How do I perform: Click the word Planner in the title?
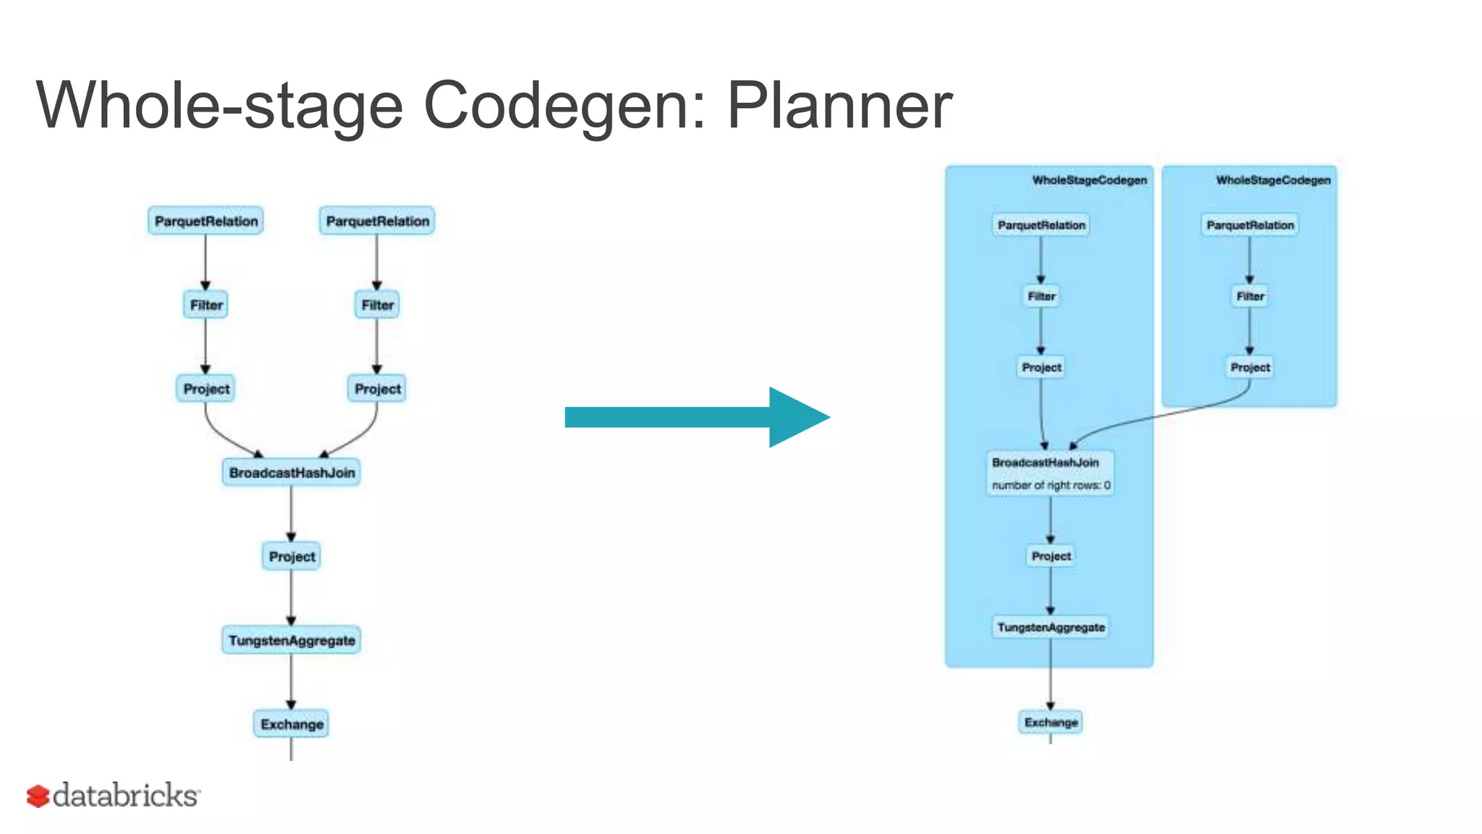[839, 106]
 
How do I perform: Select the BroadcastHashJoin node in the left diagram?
[292, 473]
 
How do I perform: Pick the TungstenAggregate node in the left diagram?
[292, 641]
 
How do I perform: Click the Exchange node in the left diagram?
[292, 724]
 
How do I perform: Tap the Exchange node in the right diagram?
[1051, 722]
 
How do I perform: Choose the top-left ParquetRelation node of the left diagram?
[206, 221]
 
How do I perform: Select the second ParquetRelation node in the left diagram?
[377, 221]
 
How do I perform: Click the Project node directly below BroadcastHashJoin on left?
[292, 557]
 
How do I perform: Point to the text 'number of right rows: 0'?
[1051, 485]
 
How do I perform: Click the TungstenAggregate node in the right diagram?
[1051, 627]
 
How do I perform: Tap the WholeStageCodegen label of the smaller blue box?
[1273, 180]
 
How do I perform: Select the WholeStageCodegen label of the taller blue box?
[1089, 180]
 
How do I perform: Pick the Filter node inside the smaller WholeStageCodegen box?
[1250, 296]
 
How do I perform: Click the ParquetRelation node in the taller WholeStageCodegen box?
[1041, 225]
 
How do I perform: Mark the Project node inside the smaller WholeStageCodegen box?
[1250, 367]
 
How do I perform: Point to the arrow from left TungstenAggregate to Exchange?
[291, 681]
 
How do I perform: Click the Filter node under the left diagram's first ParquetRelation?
[206, 305]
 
